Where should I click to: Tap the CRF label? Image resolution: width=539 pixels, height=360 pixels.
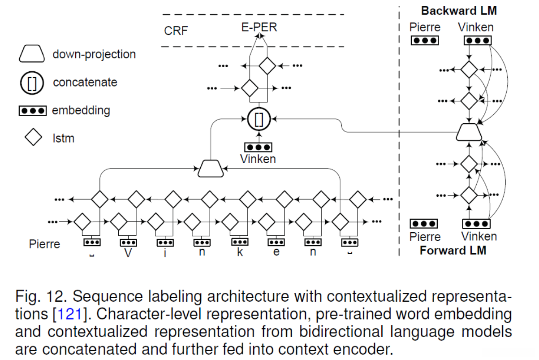(176, 31)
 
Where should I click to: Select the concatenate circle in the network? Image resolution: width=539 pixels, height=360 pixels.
(259, 119)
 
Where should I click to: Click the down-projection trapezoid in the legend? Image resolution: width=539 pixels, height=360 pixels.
(31, 54)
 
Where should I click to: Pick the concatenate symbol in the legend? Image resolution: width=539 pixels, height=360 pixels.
(31, 82)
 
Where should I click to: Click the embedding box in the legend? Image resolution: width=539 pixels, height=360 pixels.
(32, 110)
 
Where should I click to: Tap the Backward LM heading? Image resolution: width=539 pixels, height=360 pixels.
(459, 11)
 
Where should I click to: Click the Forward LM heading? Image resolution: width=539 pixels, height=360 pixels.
(453, 250)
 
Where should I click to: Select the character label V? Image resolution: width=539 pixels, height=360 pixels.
(128, 252)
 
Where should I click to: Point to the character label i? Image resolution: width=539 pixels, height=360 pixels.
(165, 252)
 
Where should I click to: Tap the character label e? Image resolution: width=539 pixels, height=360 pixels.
(276, 252)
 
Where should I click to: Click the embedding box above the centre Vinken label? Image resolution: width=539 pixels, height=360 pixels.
(259, 147)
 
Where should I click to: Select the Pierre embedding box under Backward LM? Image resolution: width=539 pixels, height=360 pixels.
(424, 40)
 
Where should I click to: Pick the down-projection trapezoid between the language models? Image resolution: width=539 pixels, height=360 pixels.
(469, 132)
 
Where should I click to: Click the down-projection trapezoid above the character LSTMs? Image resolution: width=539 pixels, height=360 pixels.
(211, 168)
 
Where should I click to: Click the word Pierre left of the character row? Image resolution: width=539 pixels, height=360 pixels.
(44, 245)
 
